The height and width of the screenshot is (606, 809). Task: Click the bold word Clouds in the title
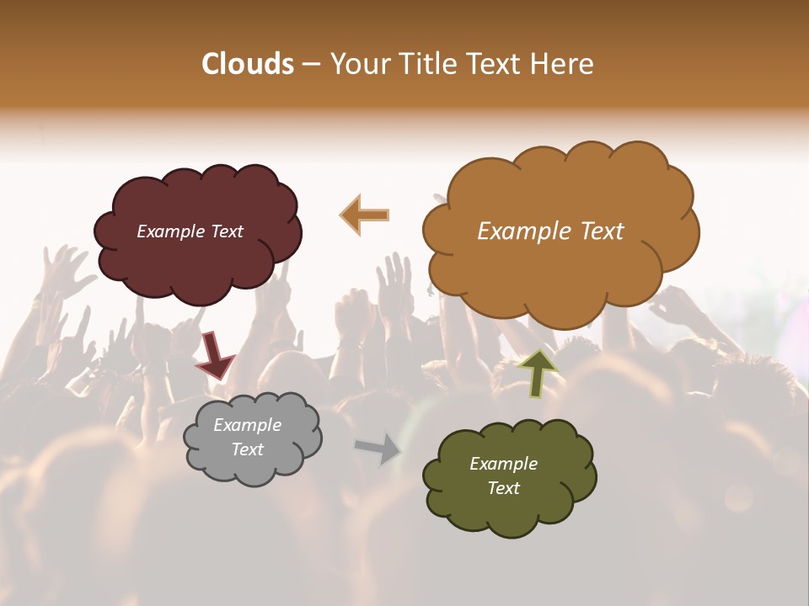(248, 64)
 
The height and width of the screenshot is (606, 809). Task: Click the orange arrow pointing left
(365, 215)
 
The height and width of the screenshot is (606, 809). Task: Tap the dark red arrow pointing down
(214, 354)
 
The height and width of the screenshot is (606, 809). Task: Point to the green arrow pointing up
(538, 373)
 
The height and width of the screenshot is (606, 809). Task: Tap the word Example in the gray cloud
(247, 425)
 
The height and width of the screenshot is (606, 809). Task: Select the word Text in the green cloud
(503, 488)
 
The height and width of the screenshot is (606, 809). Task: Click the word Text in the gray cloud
(248, 449)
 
